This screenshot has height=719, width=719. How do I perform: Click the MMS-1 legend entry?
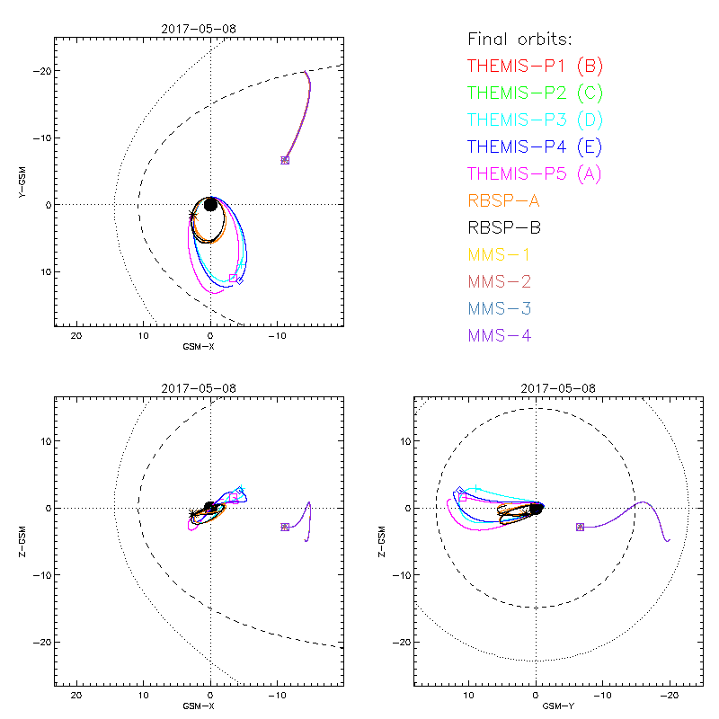pyautogui.click(x=500, y=254)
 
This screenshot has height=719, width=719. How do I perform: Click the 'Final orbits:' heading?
pyautogui.click(x=520, y=39)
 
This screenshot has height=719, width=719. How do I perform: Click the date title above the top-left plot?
pyautogui.click(x=199, y=29)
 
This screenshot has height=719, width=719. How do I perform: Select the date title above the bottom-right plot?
pyautogui.click(x=557, y=388)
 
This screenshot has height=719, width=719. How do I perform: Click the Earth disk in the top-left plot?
pyautogui.click(x=210, y=204)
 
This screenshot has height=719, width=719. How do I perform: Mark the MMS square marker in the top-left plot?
pyautogui.click(x=285, y=160)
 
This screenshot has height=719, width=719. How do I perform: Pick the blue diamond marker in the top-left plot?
pyautogui.click(x=239, y=280)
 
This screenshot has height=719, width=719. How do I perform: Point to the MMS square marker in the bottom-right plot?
pyautogui.click(x=580, y=527)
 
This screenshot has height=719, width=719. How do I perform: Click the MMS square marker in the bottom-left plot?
pyautogui.click(x=284, y=527)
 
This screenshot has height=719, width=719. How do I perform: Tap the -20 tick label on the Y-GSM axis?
pyautogui.click(x=40, y=71)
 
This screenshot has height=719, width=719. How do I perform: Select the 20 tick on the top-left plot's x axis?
pyautogui.click(x=76, y=336)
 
